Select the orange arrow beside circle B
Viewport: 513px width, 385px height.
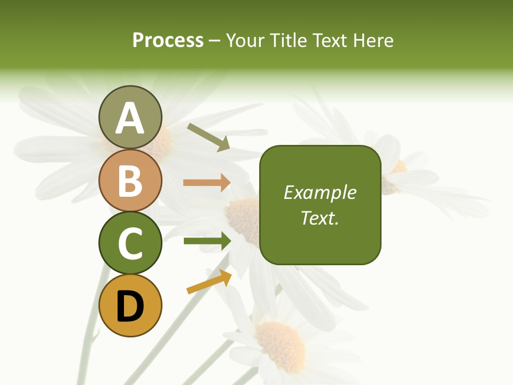pyautogui.click(x=207, y=183)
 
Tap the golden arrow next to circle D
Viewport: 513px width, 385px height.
pyautogui.click(x=209, y=282)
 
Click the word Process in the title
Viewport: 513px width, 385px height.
pyautogui.click(x=168, y=41)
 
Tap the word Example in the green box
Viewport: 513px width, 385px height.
pyautogui.click(x=320, y=192)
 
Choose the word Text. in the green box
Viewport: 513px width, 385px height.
pyautogui.click(x=320, y=218)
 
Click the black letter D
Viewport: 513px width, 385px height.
pyautogui.click(x=130, y=306)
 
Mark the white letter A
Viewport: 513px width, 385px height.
pyautogui.click(x=130, y=119)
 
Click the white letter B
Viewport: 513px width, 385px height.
pyautogui.click(x=130, y=181)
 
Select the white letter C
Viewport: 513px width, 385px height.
pyautogui.click(x=130, y=243)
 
